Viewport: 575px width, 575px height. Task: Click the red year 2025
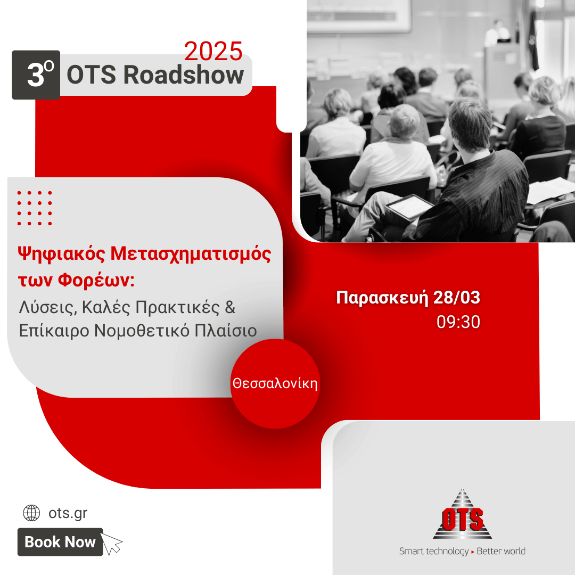point(213,51)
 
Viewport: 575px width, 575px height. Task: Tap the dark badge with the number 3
point(36,75)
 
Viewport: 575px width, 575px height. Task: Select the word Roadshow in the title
point(183,75)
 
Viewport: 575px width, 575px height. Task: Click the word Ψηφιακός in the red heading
point(62,254)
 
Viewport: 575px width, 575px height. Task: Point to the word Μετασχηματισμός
point(191,254)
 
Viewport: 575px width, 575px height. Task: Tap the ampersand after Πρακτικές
point(230,307)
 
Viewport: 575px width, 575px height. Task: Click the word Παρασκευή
point(382,298)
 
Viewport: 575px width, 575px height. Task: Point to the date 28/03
point(457,297)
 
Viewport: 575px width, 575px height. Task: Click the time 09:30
point(458,322)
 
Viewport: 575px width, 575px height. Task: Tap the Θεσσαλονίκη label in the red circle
point(275,383)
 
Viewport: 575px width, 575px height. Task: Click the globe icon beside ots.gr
point(31,513)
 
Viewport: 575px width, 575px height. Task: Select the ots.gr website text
point(68,513)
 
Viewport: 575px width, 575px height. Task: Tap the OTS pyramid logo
point(462,514)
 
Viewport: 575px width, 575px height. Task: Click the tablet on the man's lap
point(408,207)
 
